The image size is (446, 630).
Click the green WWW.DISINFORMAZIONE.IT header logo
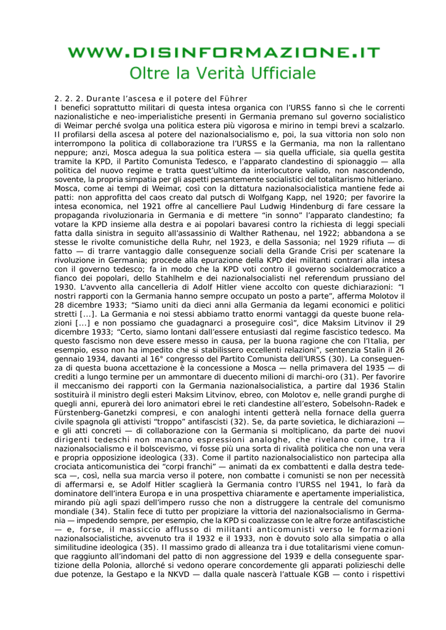(223, 53)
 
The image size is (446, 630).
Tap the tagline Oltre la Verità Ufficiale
(223, 73)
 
